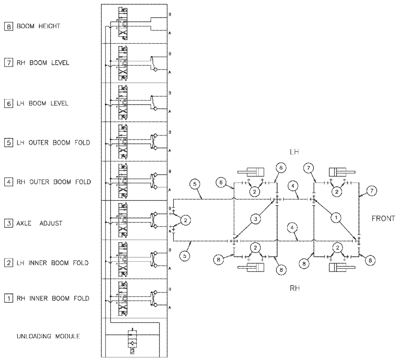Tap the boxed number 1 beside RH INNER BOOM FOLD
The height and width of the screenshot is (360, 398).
point(8,298)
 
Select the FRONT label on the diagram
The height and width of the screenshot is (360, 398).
point(383,218)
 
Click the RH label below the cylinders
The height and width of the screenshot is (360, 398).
point(294,288)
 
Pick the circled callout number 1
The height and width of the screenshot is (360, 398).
point(336,217)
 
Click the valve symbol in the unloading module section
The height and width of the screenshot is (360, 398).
point(133,342)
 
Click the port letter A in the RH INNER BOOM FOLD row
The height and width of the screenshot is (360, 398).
point(170,308)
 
